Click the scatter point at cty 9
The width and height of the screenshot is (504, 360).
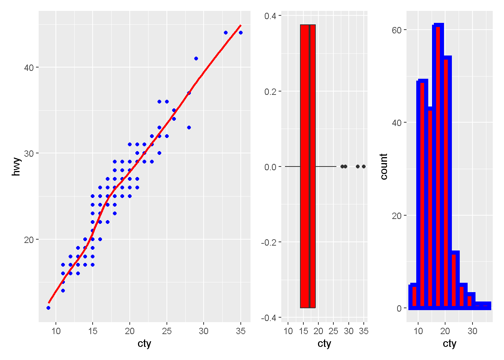click(x=48, y=308)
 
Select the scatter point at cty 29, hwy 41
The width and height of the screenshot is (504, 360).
click(x=196, y=58)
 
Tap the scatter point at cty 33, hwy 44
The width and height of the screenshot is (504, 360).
click(x=226, y=33)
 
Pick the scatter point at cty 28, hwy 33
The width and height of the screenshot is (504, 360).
click(x=189, y=127)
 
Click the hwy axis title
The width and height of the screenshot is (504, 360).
click(x=16, y=166)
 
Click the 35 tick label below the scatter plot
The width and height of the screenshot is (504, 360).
click(x=241, y=331)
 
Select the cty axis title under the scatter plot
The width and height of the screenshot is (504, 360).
click(x=144, y=343)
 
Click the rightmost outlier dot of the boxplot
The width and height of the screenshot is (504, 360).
click(x=364, y=166)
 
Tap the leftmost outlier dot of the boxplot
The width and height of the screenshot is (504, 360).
click(x=342, y=166)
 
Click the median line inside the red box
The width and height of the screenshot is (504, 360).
click(x=309, y=166)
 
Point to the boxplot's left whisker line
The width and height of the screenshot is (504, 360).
click(x=292, y=166)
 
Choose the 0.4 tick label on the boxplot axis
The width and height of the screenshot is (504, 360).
click(x=270, y=16)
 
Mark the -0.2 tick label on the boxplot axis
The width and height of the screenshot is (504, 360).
click(x=268, y=242)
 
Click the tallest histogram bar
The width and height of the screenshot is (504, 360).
click(x=438, y=165)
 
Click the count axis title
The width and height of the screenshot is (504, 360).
click(x=384, y=166)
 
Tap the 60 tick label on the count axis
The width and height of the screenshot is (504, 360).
click(x=396, y=30)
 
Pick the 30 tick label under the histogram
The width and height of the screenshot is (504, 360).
click(x=472, y=331)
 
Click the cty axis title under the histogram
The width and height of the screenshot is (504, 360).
click(x=449, y=343)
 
